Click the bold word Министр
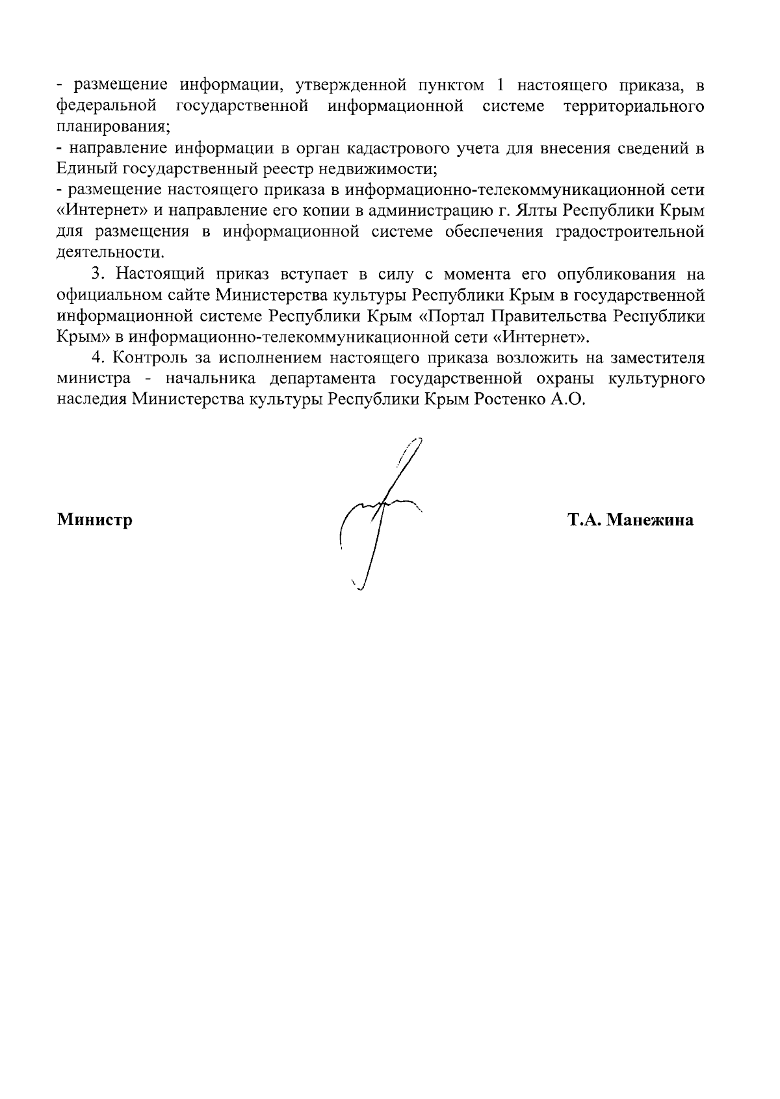pyautogui.click(x=95, y=520)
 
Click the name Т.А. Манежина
pyautogui.click(x=629, y=520)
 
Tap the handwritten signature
pyautogui.click(x=380, y=513)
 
